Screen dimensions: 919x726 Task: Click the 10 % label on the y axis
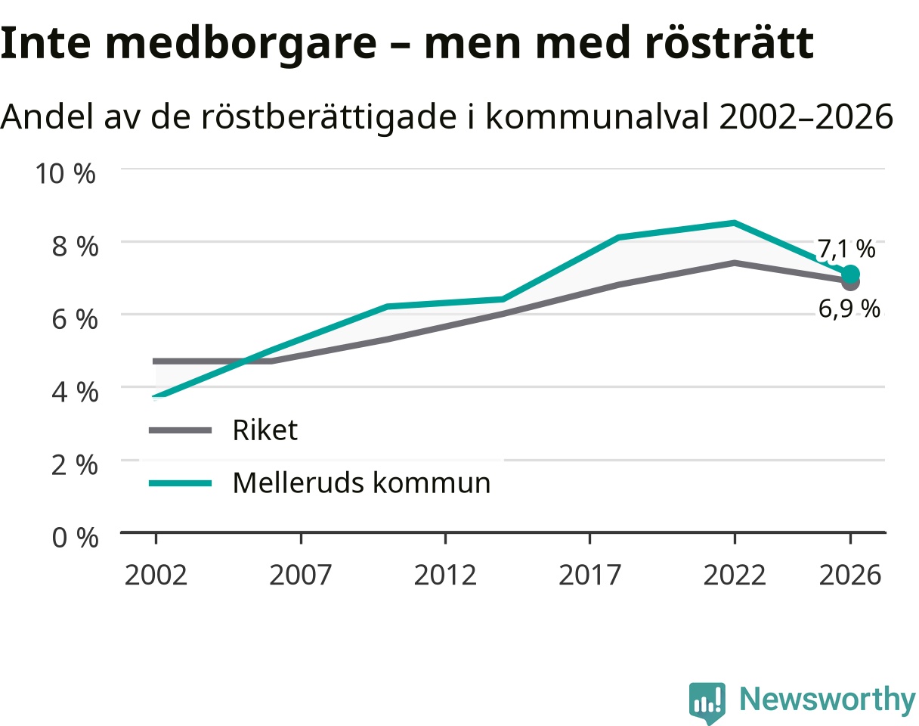point(65,173)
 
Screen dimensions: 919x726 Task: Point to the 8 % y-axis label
point(75,247)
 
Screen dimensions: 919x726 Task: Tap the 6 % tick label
point(75,319)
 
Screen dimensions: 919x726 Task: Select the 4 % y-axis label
point(75,392)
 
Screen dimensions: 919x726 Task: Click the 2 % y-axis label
point(75,465)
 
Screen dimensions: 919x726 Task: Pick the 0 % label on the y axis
point(75,538)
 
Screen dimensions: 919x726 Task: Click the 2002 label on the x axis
point(156,576)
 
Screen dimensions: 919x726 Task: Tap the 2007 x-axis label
point(301,576)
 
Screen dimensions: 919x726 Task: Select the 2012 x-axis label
point(445,576)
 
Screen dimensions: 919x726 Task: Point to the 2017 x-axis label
point(589,576)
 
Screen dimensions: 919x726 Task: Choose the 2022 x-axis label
point(735,576)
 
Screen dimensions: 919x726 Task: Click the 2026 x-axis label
point(850,576)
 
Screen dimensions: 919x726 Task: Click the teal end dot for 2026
point(850,274)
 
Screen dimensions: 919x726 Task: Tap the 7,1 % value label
point(846,249)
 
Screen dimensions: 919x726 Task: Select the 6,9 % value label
point(849,309)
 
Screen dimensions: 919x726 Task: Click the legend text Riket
point(265,430)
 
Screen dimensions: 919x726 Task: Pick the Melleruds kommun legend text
point(362,483)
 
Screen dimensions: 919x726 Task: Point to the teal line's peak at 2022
point(735,222)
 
